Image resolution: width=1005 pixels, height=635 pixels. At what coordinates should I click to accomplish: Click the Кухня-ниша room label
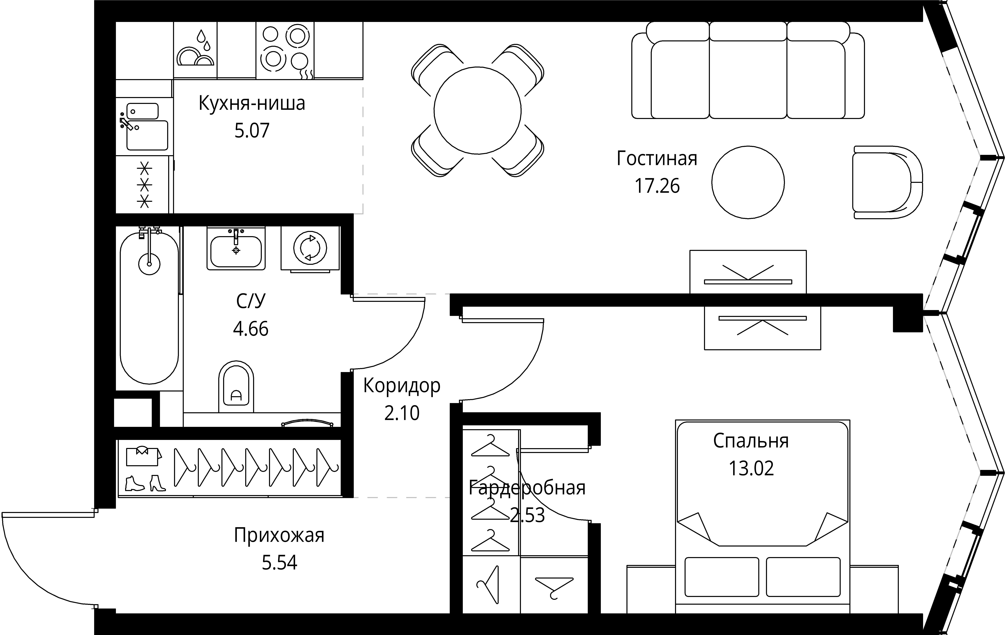252,103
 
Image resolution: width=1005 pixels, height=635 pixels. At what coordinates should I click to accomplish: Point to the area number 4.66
250,329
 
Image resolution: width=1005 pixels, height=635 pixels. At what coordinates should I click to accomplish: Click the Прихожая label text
279,535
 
